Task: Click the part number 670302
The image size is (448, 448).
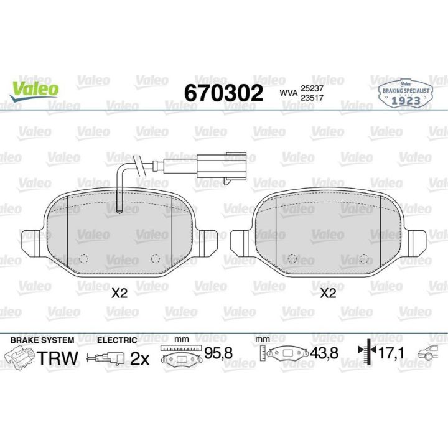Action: pos(223,93)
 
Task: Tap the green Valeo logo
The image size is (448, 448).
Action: pos(34,90)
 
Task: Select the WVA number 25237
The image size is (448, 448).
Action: pos(312,89)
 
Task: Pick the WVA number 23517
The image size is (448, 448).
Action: pos(312,98)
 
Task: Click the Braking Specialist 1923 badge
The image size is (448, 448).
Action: pos(405,94)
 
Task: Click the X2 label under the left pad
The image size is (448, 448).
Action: pos(119,293)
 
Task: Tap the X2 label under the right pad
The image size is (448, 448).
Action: pos(328,293)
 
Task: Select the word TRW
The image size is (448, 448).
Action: pos(57,358)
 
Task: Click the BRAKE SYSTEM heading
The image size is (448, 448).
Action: pos(42,340)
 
